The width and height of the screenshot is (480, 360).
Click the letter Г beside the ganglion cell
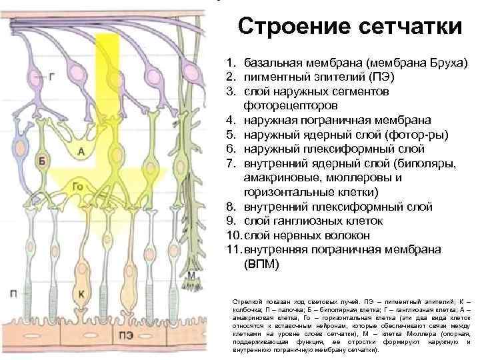(x=52, y=77)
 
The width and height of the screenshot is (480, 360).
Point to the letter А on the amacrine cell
(x=81, y=153)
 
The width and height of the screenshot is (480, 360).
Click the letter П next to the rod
(x=14, y=293)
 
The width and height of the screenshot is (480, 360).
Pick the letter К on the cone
(x=81, y=293)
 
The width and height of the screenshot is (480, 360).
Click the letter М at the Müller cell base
(x=191, y=275)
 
